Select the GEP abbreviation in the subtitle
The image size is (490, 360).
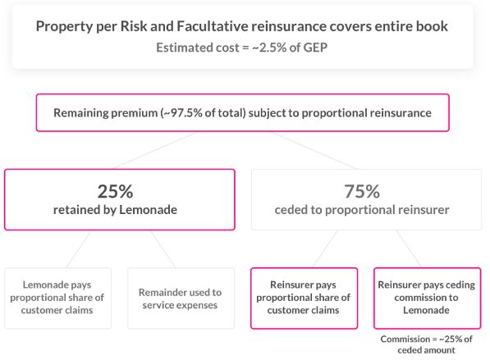(315, 48)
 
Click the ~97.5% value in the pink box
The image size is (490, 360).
(183, 112)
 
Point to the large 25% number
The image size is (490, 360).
(115, 191)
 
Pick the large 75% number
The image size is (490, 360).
(362, 191)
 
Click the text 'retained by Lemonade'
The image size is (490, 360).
(115, 209)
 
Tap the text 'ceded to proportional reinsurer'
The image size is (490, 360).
(362, 210)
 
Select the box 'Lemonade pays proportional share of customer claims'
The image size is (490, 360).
(57, 298)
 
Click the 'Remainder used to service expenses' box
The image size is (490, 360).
(181, 298)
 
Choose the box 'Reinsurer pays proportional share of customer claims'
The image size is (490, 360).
(304, 298)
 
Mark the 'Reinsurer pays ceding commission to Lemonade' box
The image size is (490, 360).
(427, 298)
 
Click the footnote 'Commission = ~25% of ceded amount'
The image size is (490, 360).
(426, 344)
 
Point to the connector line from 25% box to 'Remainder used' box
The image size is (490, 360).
(163, 249)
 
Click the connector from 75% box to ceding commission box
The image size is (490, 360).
(409, 249)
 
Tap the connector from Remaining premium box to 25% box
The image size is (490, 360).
(154, 151)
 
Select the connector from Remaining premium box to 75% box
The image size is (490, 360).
(314, 151)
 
